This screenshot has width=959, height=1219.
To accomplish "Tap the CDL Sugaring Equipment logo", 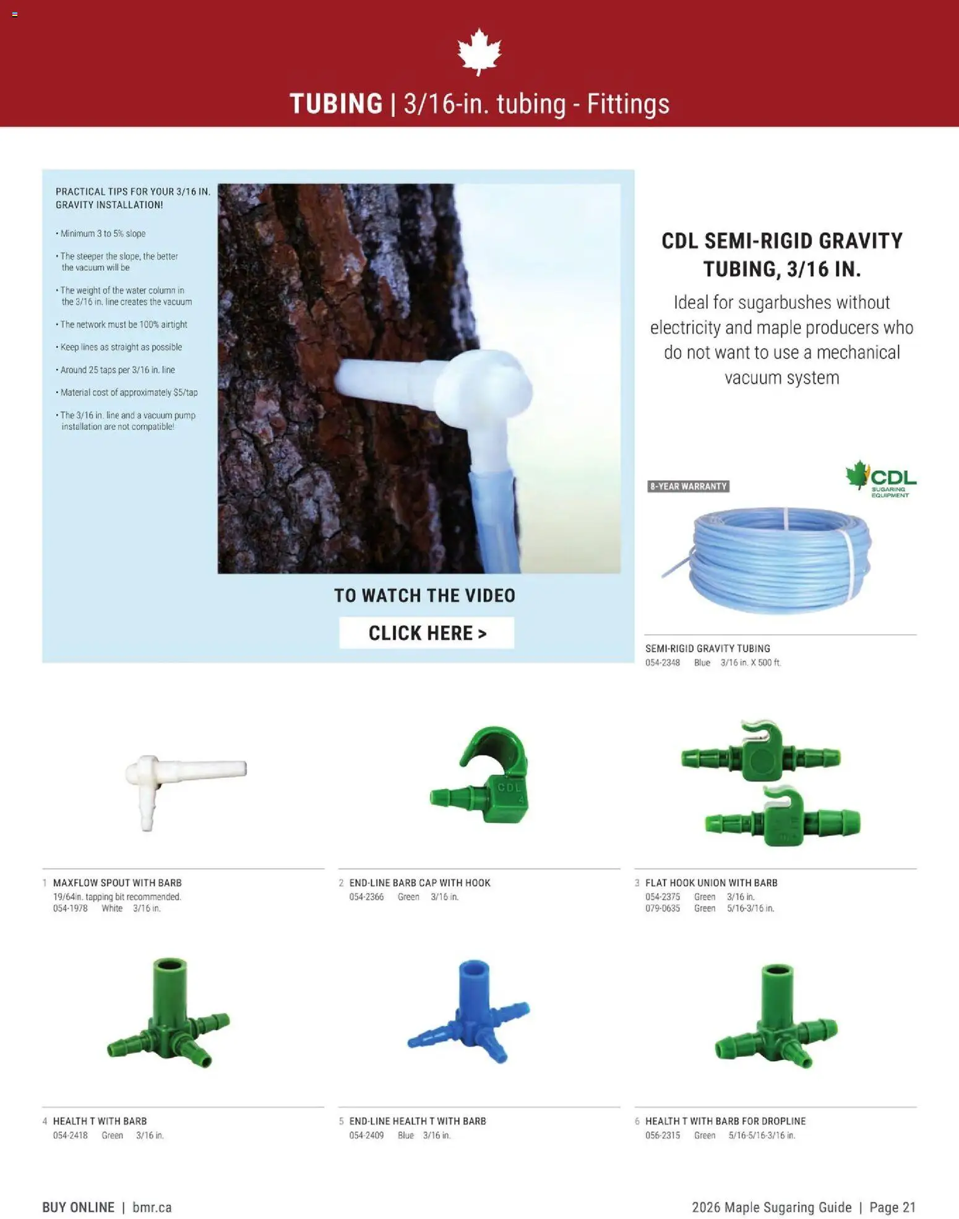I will [x=881, y=479].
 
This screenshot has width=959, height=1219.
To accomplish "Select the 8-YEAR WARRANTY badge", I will [x=688, y=486].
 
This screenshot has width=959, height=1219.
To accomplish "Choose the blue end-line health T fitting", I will [x=469, y=1009].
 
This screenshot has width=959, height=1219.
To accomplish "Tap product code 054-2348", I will [x=662, y=663].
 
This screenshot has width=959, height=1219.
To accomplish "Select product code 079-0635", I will [x=662, y=908].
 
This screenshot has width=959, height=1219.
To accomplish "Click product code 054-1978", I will [x=70, y=908].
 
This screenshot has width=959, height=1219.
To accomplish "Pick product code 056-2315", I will [x=662, y=1135].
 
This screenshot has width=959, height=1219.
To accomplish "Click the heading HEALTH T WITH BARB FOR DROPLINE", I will [x=725, y=1121].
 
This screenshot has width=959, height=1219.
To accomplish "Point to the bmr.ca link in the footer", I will [x=152, y=1207].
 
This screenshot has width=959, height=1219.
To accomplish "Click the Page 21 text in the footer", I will [x=892, y=1207].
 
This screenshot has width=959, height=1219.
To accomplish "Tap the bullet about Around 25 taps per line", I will [x=118, y=370].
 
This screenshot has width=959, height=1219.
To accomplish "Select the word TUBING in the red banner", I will [x=336, y=103].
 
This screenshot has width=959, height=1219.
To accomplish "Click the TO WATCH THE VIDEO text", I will [x=424, y=595].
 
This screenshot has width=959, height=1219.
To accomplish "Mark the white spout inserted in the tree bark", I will [x=433, y=384].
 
